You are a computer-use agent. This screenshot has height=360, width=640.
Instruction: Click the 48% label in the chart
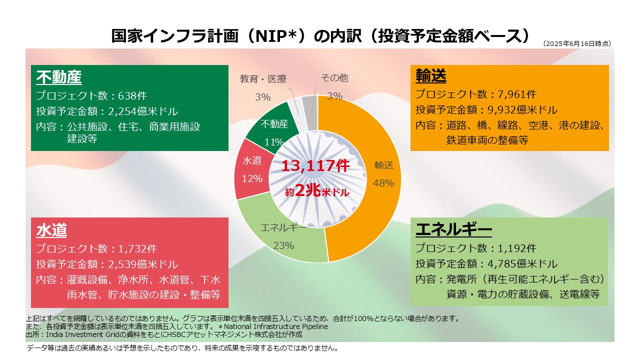coord(383,183)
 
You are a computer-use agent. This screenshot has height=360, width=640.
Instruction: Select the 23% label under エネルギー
coord(283,245)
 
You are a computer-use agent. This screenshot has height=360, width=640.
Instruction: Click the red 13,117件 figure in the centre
coord(315,166)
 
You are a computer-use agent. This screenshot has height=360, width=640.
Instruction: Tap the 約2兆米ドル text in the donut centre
coord(317,191)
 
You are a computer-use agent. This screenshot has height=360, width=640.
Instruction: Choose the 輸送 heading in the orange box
coord(431,76)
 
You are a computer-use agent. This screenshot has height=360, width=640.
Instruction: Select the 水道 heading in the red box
coord(51,230)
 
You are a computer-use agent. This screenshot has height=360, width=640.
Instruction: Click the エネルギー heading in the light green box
coord(453,229)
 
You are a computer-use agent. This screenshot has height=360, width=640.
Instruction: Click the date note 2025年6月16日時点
coord(577,44)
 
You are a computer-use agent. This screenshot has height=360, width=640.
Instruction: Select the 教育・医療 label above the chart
coord(263,78)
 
